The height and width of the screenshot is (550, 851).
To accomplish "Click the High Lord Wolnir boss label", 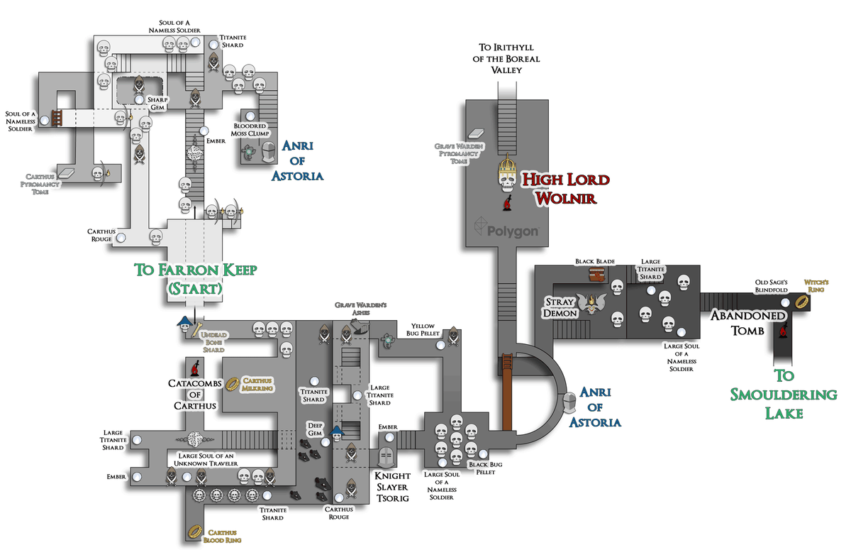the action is [566, 189].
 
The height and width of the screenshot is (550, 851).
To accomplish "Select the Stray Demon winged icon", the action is [591, 303].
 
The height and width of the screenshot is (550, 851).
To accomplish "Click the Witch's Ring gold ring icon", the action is [802, 302].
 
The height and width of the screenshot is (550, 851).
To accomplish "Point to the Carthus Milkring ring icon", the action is [233, 384].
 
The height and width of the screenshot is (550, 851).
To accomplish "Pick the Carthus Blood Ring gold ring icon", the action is [195, 532].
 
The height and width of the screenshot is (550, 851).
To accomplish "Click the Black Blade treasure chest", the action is [597, 274].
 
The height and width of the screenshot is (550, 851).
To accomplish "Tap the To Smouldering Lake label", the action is [784, 394].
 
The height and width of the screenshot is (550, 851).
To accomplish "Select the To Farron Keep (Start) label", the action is [196, 279].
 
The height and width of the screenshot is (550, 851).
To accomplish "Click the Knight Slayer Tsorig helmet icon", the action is [387, 457].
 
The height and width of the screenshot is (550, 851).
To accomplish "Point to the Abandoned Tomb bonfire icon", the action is [783, 330].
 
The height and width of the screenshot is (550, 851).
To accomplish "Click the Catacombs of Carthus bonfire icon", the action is [195, 368].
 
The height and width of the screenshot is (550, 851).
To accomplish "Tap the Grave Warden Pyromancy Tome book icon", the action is [476, 133].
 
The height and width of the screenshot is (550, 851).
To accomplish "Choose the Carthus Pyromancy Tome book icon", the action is [66, 173].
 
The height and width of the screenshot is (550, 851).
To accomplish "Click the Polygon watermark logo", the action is [506, 227].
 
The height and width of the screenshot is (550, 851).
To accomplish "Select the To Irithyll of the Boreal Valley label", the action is [506, 58].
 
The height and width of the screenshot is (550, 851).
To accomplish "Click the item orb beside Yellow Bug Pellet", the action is [440, 345].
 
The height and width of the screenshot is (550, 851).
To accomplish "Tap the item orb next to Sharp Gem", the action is [140, 99].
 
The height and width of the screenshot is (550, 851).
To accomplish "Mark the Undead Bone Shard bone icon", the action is [196, 329].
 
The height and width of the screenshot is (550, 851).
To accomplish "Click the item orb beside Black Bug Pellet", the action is [483, 453].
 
